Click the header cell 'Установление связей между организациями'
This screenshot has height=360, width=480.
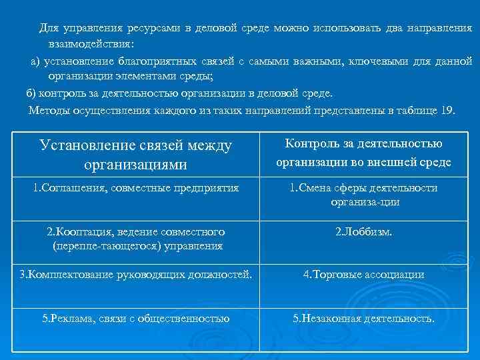point(136,154)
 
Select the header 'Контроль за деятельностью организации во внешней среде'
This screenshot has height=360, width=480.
point(363,153)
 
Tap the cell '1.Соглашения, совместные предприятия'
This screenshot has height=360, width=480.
point(136,188)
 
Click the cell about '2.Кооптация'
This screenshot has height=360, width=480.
point(136,239)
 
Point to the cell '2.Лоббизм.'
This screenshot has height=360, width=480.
point(364,232)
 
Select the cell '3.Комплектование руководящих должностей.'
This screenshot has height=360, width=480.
point(136,274)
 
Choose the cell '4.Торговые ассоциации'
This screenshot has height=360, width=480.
point(364,274)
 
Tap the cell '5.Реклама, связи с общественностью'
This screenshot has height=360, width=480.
point(136,319)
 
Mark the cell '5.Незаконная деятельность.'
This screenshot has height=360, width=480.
point(364,319)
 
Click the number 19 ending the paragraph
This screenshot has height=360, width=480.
point(447,110)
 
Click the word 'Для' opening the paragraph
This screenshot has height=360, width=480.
point(49,27)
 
